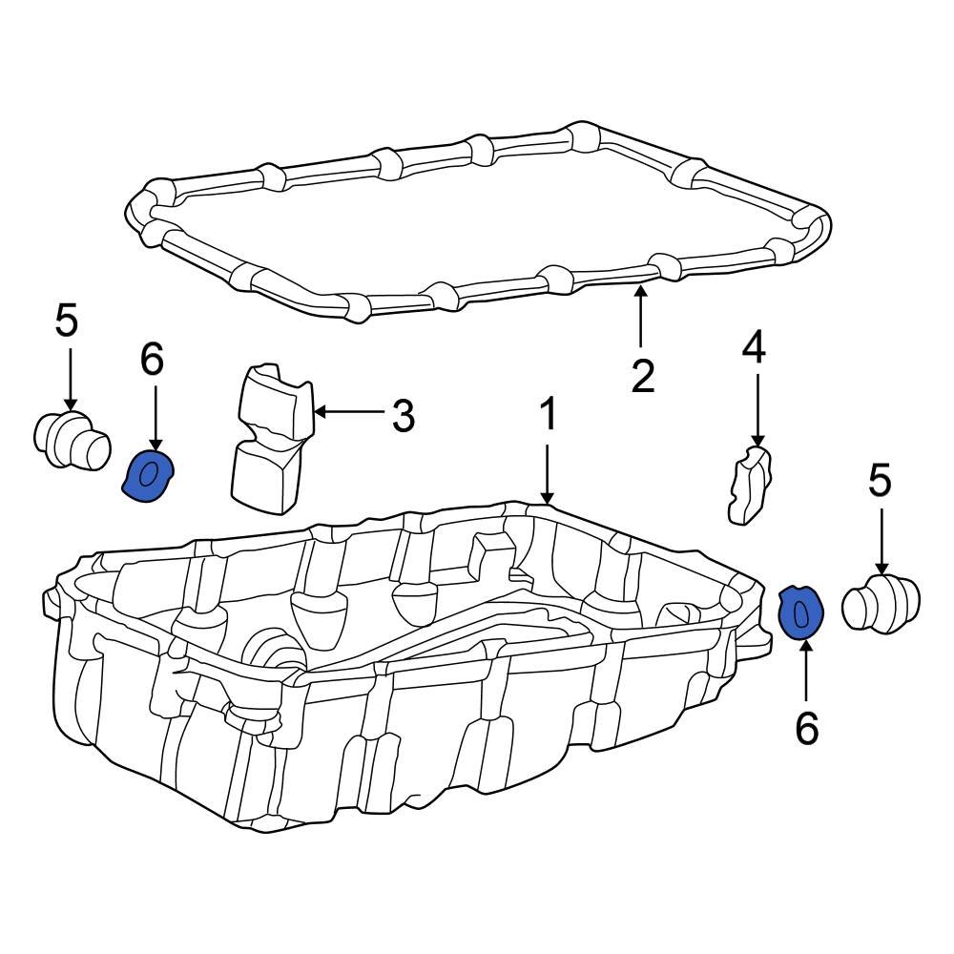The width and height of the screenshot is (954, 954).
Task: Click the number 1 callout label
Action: [548, 417]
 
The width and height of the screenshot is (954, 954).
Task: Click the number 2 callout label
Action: [643, 377]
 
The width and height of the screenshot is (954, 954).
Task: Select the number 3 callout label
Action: [403, 415]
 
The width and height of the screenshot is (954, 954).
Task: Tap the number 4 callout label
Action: [754, 349]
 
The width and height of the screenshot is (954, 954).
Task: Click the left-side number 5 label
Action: [67, 321]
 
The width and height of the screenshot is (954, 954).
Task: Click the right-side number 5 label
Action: [880, 481]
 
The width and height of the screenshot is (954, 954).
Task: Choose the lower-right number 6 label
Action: [806, 729]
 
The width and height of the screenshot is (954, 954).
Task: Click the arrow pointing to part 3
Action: [348, 413]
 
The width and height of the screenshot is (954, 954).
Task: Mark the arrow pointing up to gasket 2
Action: [640, 320]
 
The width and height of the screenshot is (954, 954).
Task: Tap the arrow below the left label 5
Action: [69, 378]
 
